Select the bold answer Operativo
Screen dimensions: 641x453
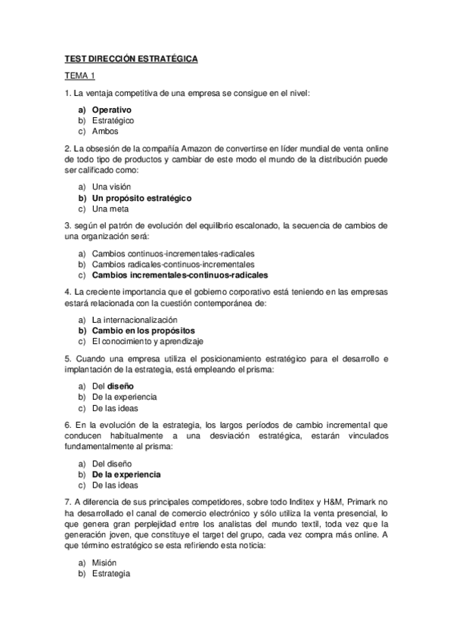[112, 110]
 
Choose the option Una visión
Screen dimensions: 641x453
[111, 186]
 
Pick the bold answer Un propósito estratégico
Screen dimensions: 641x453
[141, 197]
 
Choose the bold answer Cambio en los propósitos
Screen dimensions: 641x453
[143, 330]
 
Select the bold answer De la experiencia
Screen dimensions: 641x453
[126, 475]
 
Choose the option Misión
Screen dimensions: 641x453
[104, 563]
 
